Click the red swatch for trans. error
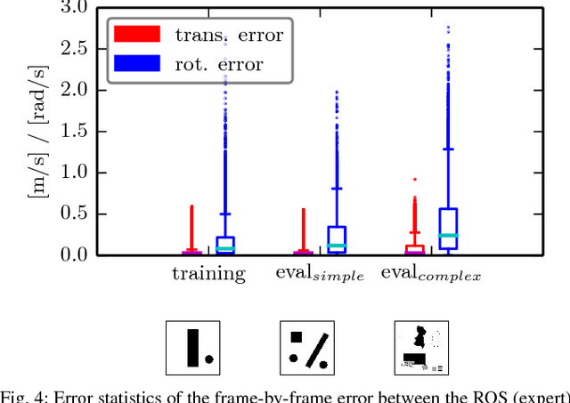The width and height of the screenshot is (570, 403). click(136, 34)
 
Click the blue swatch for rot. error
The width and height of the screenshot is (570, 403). click(136, 63)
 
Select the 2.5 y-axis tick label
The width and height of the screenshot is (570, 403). click(76, 48)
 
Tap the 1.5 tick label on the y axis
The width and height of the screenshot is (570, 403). click(76, 131)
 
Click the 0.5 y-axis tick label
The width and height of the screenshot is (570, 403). click(76, 214)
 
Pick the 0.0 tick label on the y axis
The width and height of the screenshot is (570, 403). click(76, 254)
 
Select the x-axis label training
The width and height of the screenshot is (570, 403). click(208, 274)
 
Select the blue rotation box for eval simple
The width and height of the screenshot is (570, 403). click(337, 240)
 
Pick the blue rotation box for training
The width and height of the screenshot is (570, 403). click(225, 246)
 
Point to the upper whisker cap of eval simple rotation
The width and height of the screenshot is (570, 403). click(337, 189)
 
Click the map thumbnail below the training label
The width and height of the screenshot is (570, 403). click(193, 348)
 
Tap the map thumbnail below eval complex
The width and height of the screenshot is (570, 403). click(420, 348)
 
